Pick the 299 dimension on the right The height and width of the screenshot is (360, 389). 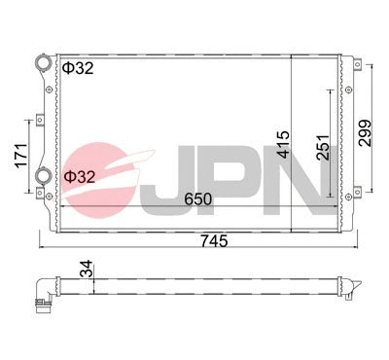click(x=365, y=131)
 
